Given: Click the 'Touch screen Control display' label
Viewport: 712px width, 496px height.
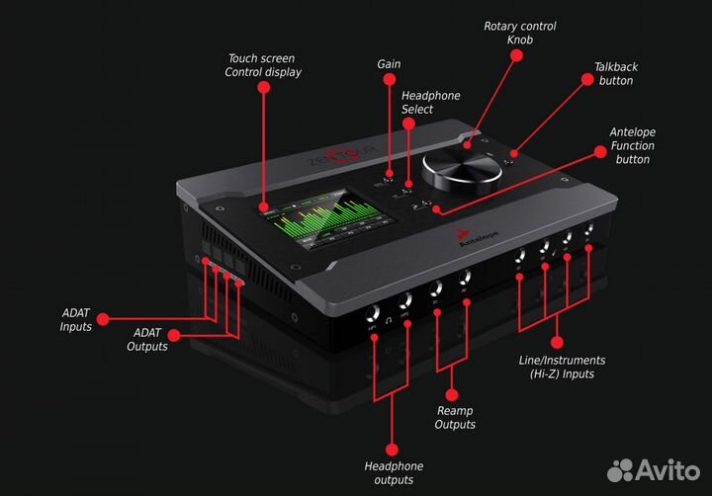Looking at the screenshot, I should click(264, 65).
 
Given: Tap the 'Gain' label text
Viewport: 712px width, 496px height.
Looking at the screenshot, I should click(389, 63).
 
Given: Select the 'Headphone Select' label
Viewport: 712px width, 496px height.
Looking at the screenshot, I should click(430, 103).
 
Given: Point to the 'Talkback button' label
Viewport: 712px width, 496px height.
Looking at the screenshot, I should click(615, 74).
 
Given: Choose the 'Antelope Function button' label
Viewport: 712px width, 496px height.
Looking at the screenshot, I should click(632, 145).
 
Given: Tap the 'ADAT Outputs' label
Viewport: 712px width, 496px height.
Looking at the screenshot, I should click(145, 340).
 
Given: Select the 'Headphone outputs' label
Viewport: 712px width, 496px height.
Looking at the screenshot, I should click(393, 472).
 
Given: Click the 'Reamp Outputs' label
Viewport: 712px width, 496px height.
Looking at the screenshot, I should click(455, 417).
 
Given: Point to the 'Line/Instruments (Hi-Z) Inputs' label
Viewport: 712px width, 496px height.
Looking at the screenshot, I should click(562, 368).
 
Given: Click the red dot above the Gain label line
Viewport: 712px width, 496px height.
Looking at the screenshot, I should click(389, 83).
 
